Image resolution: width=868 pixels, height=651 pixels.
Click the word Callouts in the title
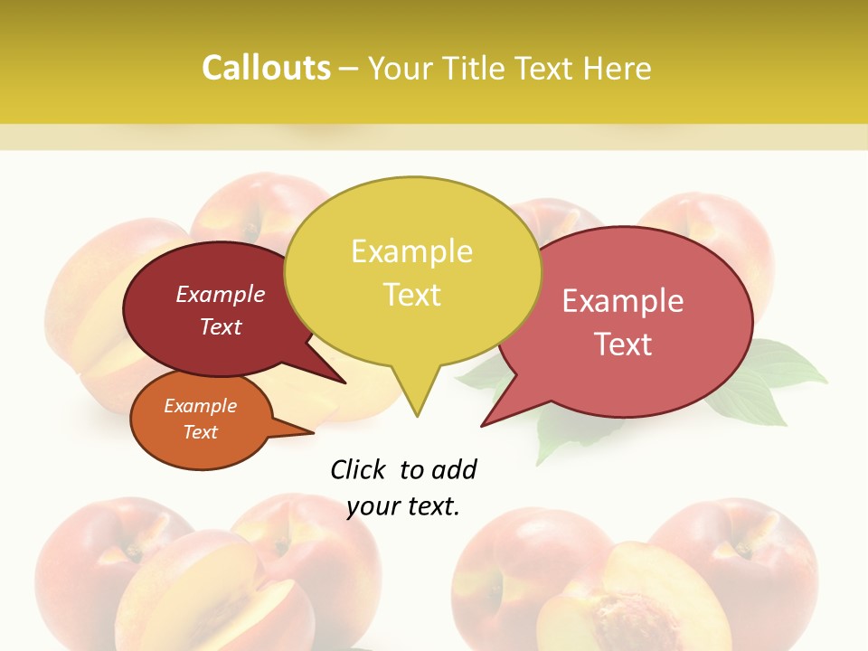[x=266, y=68]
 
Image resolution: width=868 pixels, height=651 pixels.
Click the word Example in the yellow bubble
[x=411, y=251]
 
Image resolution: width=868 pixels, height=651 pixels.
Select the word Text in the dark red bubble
[x=221, y=326]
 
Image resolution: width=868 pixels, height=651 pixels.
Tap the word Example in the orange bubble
[x=200, y=406]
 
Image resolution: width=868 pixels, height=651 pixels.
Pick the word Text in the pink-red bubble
[x=624, y=344]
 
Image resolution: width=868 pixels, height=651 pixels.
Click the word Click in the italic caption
[x=358, y=469]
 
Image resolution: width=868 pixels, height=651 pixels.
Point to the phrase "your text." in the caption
[x=403, y=506]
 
